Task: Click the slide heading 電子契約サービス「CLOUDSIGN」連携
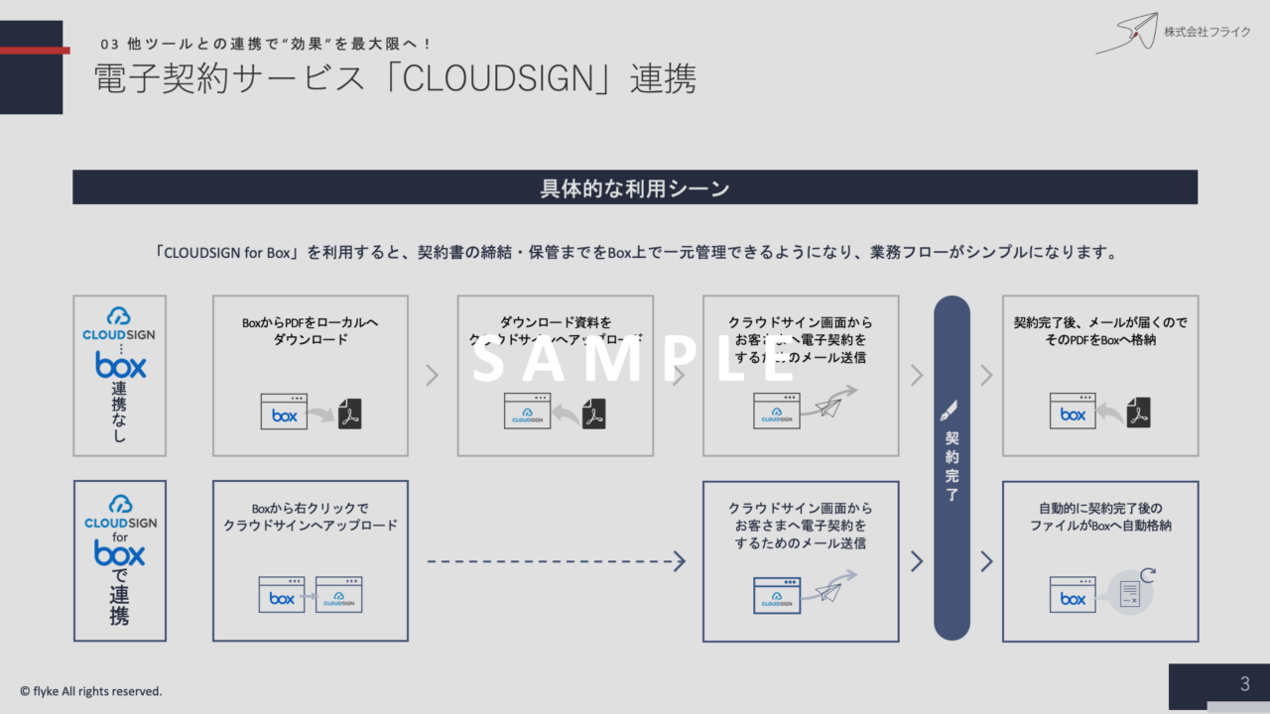click(x=395, y=80)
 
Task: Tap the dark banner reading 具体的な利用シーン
click(x=635, y=187)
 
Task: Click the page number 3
click(x=1244, y=684)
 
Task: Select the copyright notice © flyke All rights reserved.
click(x=91, y=691)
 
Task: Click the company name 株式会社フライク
click(x=1207, y=32)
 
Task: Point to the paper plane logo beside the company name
click(x=1128, y=34)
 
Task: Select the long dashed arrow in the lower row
click(x=556, y=562)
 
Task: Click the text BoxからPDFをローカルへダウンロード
click(x=311, y=331)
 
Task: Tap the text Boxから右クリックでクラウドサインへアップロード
click(x=311, y=517)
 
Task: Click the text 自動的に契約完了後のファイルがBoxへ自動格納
click(x=1100, y=517)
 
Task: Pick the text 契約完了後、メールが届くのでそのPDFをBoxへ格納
click(x=1100, y=331)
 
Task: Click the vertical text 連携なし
click(x=119, y=412)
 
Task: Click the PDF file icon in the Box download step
click(x=349, y=413)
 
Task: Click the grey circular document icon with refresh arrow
click(x=1131, y=593)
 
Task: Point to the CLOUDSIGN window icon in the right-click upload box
click(x=338, y=595)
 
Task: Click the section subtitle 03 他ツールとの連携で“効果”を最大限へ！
click(x=268, y=45)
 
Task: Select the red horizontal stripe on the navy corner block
click(x=35, y=50)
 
